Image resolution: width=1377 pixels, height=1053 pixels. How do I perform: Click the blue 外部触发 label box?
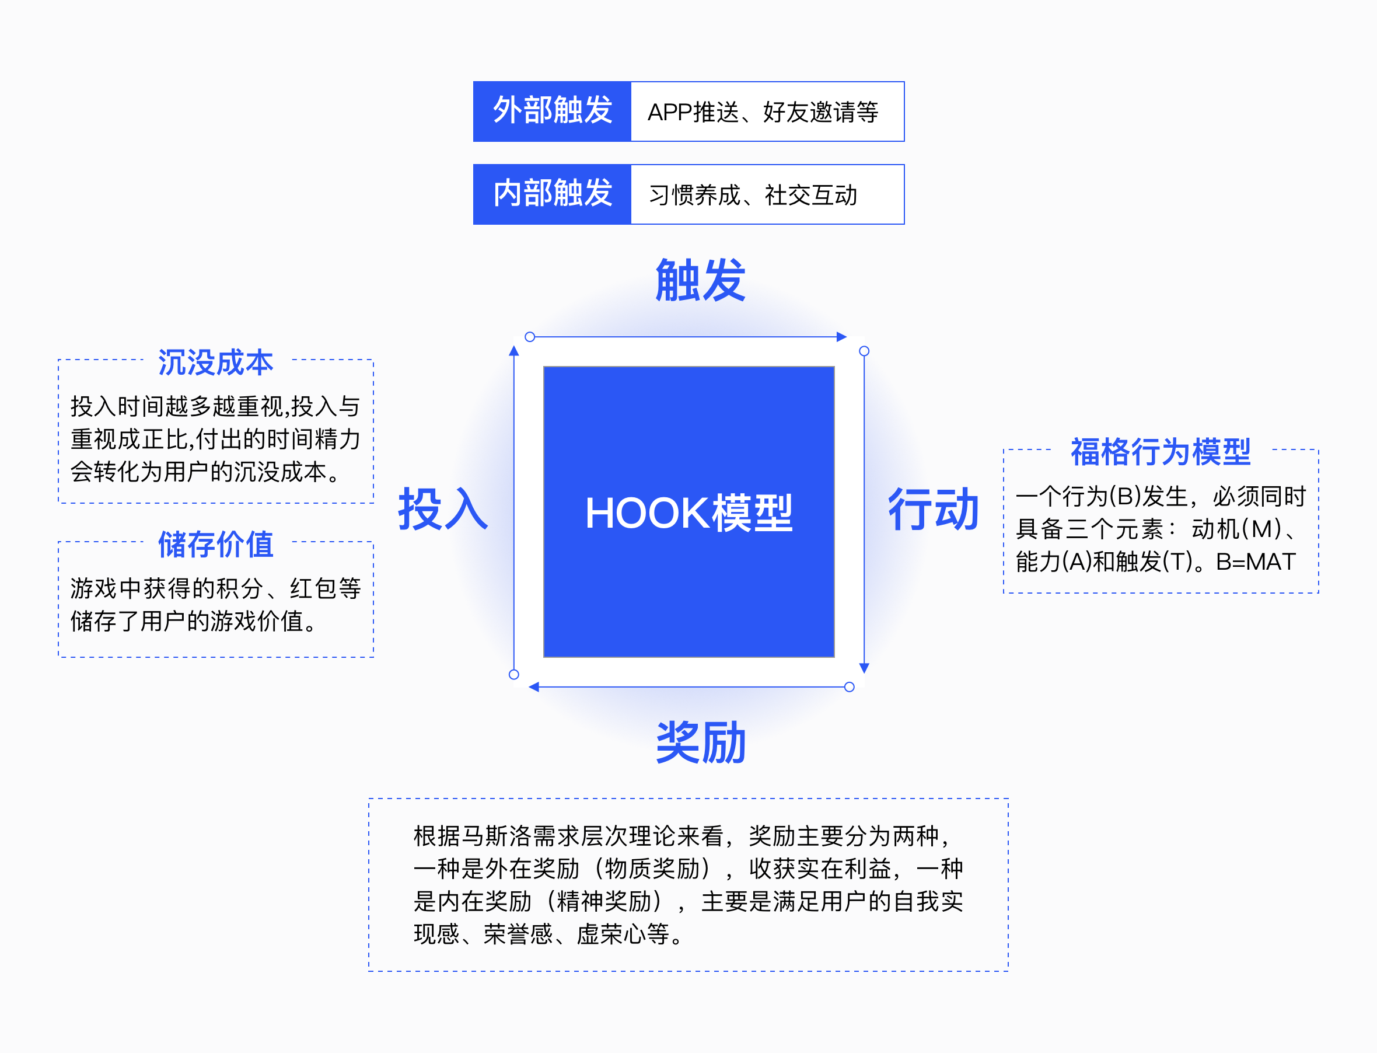[552, 111]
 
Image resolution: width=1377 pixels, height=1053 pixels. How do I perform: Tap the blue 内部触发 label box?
[552, 194]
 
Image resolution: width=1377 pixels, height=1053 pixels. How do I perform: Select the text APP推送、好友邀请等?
[763, 112]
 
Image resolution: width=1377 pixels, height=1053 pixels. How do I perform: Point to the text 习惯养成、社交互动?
[753, 195]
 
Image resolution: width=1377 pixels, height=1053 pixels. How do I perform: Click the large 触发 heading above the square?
[700, 280]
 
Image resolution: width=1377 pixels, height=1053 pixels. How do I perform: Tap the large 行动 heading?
[933, 510]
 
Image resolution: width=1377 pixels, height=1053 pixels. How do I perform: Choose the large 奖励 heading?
[700, 742]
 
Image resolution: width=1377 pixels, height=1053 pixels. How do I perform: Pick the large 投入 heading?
[443, 510]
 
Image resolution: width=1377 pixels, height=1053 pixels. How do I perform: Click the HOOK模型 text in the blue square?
[688, 513]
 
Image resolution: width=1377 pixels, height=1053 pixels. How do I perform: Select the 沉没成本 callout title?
[215, 363]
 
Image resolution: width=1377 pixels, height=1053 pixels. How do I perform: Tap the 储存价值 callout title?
[215, 544]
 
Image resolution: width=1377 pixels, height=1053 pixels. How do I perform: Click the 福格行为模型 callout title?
[1160, 452]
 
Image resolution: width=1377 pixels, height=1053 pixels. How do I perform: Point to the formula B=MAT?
[1256, 562]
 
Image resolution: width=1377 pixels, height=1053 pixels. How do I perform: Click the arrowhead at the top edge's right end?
[841, 337]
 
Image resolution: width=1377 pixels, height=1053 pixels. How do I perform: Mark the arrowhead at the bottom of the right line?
[864, 668]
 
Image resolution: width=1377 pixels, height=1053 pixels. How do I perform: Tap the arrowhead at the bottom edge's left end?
[534, 687]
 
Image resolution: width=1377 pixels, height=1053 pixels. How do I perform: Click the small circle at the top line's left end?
[530, 337]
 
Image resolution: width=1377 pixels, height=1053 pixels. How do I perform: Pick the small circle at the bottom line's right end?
[850, 687]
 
